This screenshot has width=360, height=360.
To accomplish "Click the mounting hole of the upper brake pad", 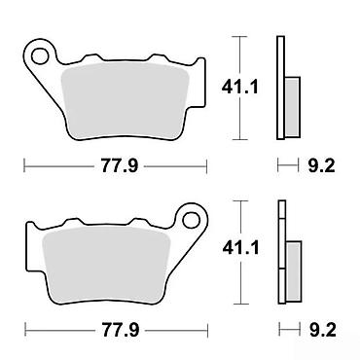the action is click(x=40, y=56).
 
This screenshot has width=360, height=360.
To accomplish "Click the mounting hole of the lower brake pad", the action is click(x=191, y=221).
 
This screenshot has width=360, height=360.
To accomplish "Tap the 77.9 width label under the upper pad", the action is click(x=120, y=166).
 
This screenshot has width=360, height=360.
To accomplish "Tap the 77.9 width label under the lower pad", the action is click(x=121, y=331).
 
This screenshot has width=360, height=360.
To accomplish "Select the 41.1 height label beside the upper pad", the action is click(x=240, y=87).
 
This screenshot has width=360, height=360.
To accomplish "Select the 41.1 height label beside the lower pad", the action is click(x=241, y=248).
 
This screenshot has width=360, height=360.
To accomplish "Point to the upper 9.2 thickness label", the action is click(x=321, y=166).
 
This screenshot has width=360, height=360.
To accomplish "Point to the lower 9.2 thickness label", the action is click(x=322, y=331).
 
